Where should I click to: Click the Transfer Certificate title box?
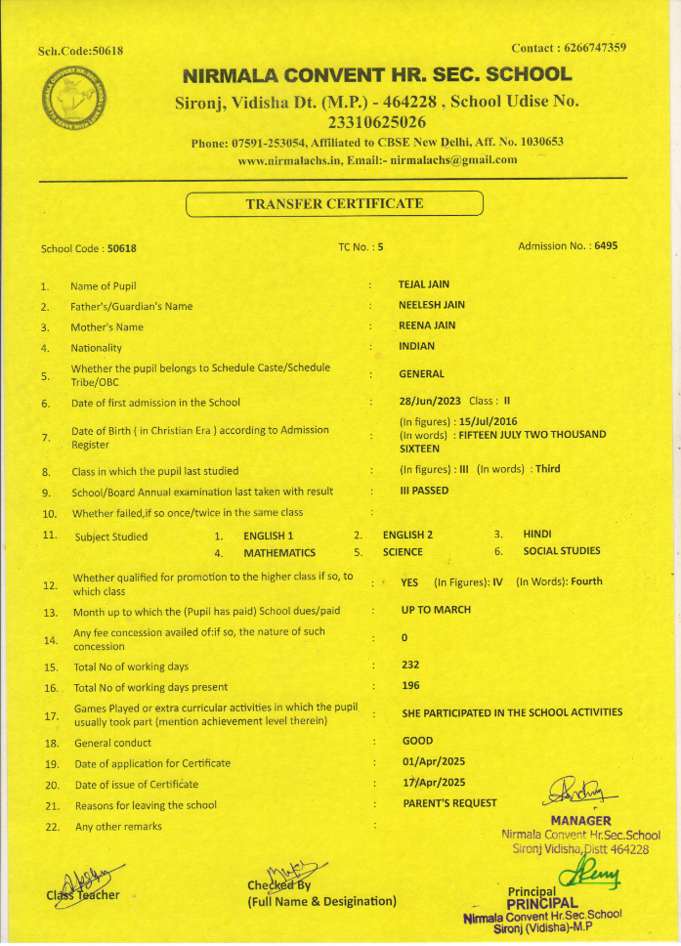click(334, 204)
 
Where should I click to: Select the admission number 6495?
click(606, 246)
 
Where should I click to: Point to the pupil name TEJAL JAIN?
click(424, 284)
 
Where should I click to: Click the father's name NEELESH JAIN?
click(431, 305)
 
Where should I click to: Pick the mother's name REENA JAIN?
click(427, 325)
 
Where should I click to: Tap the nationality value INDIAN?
click(417, 346)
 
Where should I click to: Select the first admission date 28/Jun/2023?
click(431, 402)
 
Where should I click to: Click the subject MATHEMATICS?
click(279, 552)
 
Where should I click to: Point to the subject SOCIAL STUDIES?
click(562, 551)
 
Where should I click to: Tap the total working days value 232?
click(410, 665)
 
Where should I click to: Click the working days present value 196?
click(410, 685)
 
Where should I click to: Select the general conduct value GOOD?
click(417, 741)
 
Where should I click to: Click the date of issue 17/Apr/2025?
click(434, 782)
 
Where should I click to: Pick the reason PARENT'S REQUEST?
click(449, 803)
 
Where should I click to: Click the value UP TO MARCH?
click(436, 610)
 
